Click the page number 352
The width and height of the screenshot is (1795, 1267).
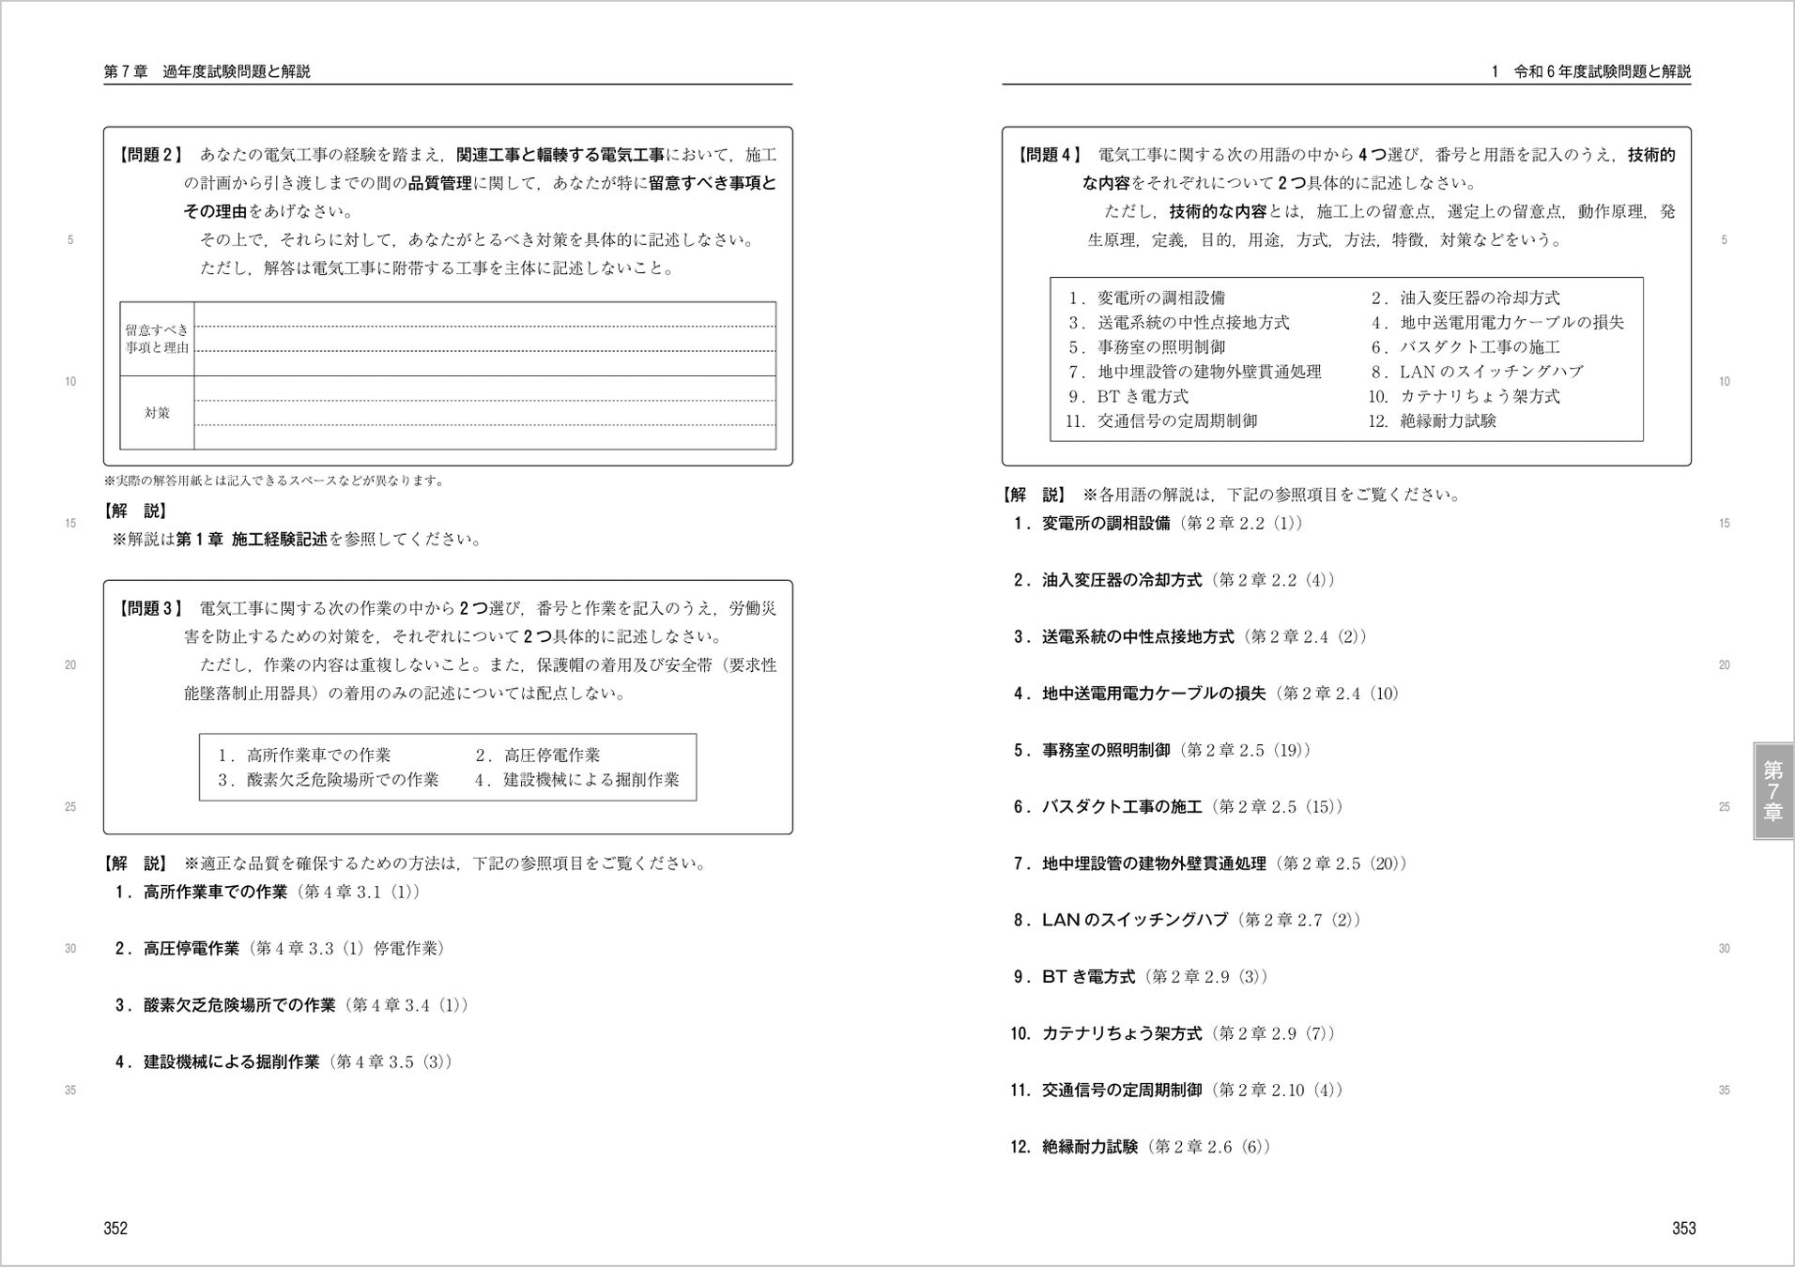pyautogui.click(x=115, y=1229)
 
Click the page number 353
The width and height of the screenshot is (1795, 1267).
pyautogui.click(x=1683, y=1229)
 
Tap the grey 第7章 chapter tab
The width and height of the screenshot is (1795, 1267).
pyautogui.click(x=1772, y=790)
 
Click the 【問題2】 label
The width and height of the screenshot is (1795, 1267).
pyautogui.click(x=151, y=155)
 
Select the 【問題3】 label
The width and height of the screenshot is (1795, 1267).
pyautogui.click(x=151, y=608)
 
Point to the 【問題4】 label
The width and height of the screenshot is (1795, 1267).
pyautogui.click(x=1050, y=155)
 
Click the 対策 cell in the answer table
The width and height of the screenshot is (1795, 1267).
pyautogui.click(x=157, y=413)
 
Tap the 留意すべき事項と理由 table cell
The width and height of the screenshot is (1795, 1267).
pyautogui.click(x=157, y=339)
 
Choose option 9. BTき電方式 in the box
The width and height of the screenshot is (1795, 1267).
pyautogui.click(x=1128, y=397)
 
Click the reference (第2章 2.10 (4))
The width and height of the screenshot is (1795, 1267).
pyautogui.click(x=1277, y=1091)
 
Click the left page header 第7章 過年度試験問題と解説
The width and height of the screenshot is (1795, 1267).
pyautogui.click(x=207, y=71)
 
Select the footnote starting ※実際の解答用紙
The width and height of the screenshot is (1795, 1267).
pyautogui.click(x=273, y=481)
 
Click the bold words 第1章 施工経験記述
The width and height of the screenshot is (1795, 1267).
pyautogui.click(x=252, y=540)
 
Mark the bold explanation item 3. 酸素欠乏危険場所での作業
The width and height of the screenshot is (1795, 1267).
pyautogui.click(x=225, y=1006)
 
